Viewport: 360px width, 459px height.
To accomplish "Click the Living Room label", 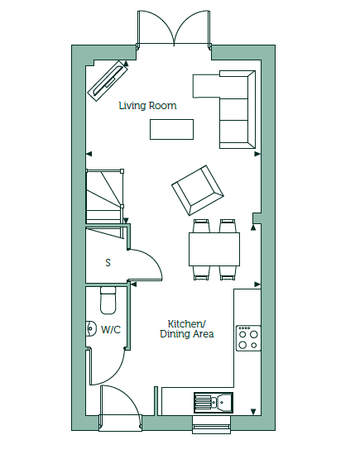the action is point(147,106).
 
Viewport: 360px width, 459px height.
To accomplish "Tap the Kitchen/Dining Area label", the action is point(187,329).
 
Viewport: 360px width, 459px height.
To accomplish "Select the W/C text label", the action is point(111,330).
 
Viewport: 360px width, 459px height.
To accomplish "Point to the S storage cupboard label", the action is point(108,262).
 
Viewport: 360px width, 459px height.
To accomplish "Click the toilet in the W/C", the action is point(108,300).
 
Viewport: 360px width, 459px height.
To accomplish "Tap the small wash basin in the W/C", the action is point(91,328).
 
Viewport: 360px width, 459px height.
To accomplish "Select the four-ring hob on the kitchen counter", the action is point(248,338).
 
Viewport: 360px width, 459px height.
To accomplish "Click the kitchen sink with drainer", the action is point(214,403).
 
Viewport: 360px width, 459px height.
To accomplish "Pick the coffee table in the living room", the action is point(171,129).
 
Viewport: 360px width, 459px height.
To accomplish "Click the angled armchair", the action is point(198,190).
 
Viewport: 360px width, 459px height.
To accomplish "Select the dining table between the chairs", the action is point(214,249).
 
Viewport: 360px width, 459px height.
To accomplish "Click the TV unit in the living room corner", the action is point(108,81).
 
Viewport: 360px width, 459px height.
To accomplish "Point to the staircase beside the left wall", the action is point(105,197).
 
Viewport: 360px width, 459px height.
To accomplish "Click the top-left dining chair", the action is point(202,226).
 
